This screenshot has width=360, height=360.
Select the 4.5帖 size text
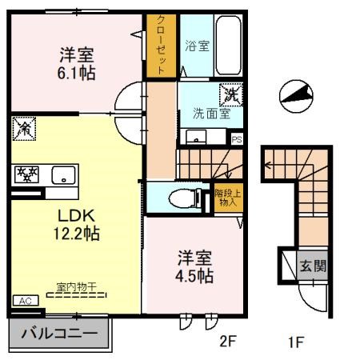pyautogui.click(x=195, y=277)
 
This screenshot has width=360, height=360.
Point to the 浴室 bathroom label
pyautogui.click(x=198, y=46)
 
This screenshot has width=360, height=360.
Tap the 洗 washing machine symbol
pyautogui.click(x=231, y=94)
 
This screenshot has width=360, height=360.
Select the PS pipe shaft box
pyautogui.click(x=237, y=138)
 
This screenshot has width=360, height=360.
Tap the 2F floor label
pyautogui.click(x=230, y=344)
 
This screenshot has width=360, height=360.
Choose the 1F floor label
pyautogui.click(x=295, y=344)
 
